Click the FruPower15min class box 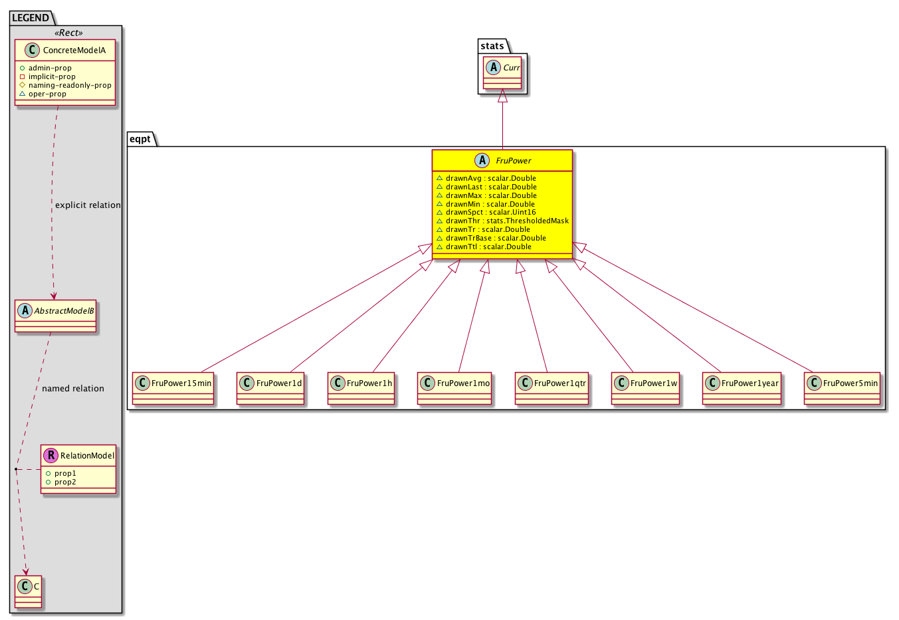click(173, 388)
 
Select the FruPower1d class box click(270, 388)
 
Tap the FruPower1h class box click(361, 388)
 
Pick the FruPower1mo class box click(454, 388)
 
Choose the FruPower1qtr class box click(551, 388)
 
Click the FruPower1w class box click(645, 388)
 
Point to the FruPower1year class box click(742, 388)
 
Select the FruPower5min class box click(842, 388)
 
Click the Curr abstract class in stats click(502, 72)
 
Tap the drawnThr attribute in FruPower click(502, 221)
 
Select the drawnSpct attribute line click(486, 212)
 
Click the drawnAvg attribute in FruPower click(486, 178)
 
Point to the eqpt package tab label click(140, 139)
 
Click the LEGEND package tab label click(31, 18)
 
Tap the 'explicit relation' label click(88, 205)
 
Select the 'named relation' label click(73, 389)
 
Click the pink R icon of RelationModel click(51, 455)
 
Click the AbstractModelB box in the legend click(55, 316)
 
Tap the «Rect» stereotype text click(68, 33)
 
